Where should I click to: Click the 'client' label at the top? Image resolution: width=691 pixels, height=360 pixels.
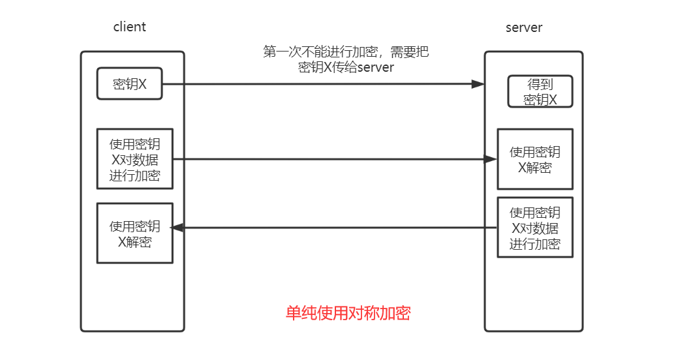tap(129, 27)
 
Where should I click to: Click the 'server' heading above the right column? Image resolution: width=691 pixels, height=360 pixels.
tap(524, 27)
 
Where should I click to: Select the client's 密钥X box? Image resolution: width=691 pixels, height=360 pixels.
tap(129, 83)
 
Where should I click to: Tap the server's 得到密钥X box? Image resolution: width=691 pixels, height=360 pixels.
tap(540, 91)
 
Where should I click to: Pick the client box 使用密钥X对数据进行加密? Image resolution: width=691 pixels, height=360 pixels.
tap(134, 159)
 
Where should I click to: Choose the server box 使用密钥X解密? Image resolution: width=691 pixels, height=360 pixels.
tap(534, 160)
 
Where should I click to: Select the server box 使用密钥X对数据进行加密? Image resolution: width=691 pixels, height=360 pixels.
tap(534, 228)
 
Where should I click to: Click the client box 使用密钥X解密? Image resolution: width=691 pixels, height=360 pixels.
tap(134, 233)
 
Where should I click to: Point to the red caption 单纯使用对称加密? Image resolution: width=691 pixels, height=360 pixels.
tap(348, 313)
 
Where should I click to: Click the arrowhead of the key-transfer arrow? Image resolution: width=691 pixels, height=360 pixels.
tap(478, 84)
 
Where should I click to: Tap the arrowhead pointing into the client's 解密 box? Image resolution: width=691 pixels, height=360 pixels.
tap(176, 228)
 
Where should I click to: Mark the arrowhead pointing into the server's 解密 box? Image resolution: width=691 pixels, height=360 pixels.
tap(490, 158)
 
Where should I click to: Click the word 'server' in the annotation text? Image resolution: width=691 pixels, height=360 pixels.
tap(375, 67)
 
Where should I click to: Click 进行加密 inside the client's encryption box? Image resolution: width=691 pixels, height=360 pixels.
tap(134, 175)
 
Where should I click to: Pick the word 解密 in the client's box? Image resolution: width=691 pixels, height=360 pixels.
tap(142, 241)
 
